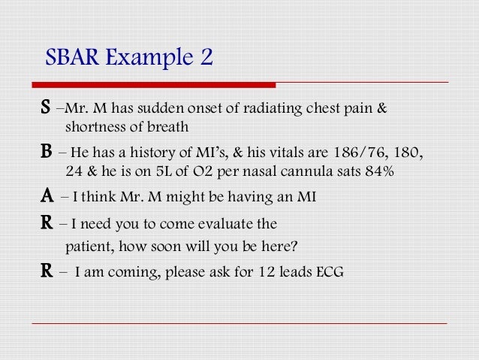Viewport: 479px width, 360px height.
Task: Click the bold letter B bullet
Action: click(47, 154)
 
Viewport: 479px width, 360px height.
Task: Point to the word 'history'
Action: click(146, 154)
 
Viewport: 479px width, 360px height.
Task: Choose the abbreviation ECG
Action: click(330, 272)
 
